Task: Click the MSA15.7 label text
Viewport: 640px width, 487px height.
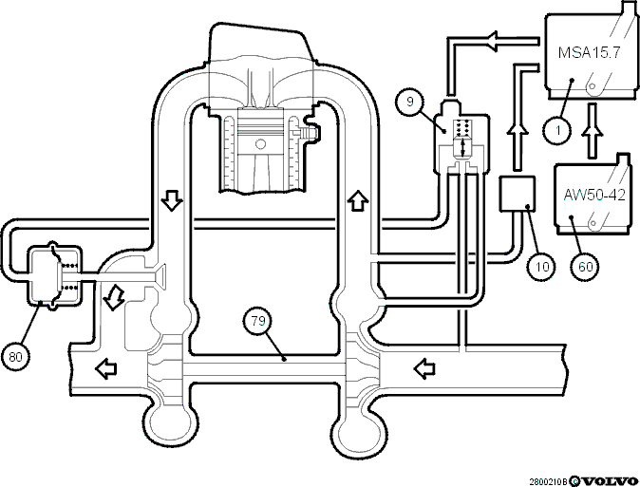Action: pyautogui.click(x=589, y=52)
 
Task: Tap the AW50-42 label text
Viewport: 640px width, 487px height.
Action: pyautogui.click(x=594, y=195)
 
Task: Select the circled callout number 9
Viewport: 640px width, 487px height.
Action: pyautogui.click(x=410, y=102)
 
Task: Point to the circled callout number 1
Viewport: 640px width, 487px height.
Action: pyautogui.click(x=557, y=131)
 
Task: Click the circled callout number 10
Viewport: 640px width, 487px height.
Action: pyautogui.click(x=541, y=267)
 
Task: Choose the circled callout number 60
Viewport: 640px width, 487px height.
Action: pyautogui.click(x=585, y=267)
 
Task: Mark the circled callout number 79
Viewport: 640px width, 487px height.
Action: pyautogui.click(x=258, y=321)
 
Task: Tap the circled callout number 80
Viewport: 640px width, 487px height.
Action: pyautogui.click(x=15, y=357)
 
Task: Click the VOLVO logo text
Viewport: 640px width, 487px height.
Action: pyautogui.click(x=609, y=481)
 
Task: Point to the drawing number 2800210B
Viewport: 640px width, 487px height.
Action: pyautogui.click(x=549, y=482)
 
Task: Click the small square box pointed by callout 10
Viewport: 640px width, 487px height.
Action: pyautogui.click(x=518, y=194)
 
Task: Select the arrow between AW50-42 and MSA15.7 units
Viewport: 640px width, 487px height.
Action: pyautogui.click(x=592, y=131)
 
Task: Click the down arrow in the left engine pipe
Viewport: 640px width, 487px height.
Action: pyautogui.click(x=172, y=200)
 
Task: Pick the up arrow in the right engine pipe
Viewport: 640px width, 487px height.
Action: pyautogui.click(x=358, y=200)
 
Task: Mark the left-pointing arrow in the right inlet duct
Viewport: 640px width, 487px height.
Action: pyautogui.click(x=424, y=368)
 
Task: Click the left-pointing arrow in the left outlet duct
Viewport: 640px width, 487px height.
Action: pyautogui.click(x=106, y=368)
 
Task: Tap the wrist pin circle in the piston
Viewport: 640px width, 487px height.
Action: pyautogui.click(x=260, y=144)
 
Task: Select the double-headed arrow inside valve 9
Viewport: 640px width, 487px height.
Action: pyautogui.click(x=462, y=148)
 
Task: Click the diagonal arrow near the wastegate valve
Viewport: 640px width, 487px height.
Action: pyautogui.click(x=113, y=298)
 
